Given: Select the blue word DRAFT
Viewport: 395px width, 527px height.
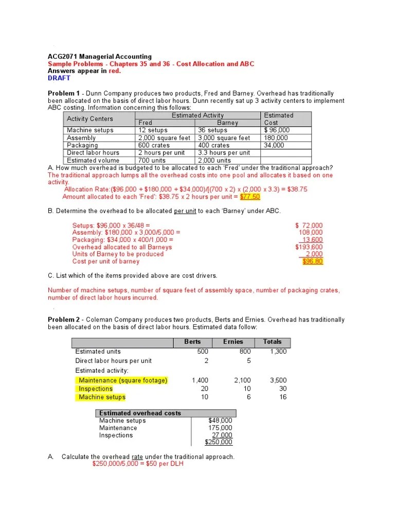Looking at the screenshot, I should pyautogui.click(x=59, y=78).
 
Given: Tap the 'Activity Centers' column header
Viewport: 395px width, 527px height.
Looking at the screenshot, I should pyautogui.click(x=90, y=119).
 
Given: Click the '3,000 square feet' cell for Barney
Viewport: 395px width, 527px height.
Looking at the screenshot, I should pyautogui.click(x=224, y=138).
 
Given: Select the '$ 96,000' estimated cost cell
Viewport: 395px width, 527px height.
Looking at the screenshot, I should pyautogui.click(x=277, y=130).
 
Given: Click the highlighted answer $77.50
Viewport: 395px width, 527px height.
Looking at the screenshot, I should pyautogui.click(x=250, y=197).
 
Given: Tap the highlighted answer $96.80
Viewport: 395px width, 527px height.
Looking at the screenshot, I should pyautogui.click(x=313, y=261).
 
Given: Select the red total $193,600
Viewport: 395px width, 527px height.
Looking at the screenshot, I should pyautogui.click(x=309, y=247).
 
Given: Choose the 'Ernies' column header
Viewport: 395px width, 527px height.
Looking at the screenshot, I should pyautogui.click(x=233, y=342).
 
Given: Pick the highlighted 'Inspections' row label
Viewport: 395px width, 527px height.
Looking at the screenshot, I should pyautogui.click(x=96, y=389).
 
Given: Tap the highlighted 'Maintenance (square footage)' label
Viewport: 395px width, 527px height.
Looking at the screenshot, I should pyautogui.click(x=123, y=381).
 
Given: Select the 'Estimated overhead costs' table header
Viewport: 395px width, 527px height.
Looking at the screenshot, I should pyautogui.click(x=140, y=413).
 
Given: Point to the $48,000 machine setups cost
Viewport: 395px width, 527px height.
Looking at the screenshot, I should pyautogui.click(x=220, y=420).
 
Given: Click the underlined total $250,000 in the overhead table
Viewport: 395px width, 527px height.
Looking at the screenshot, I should pyautogui.click(x=219, y=442).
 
